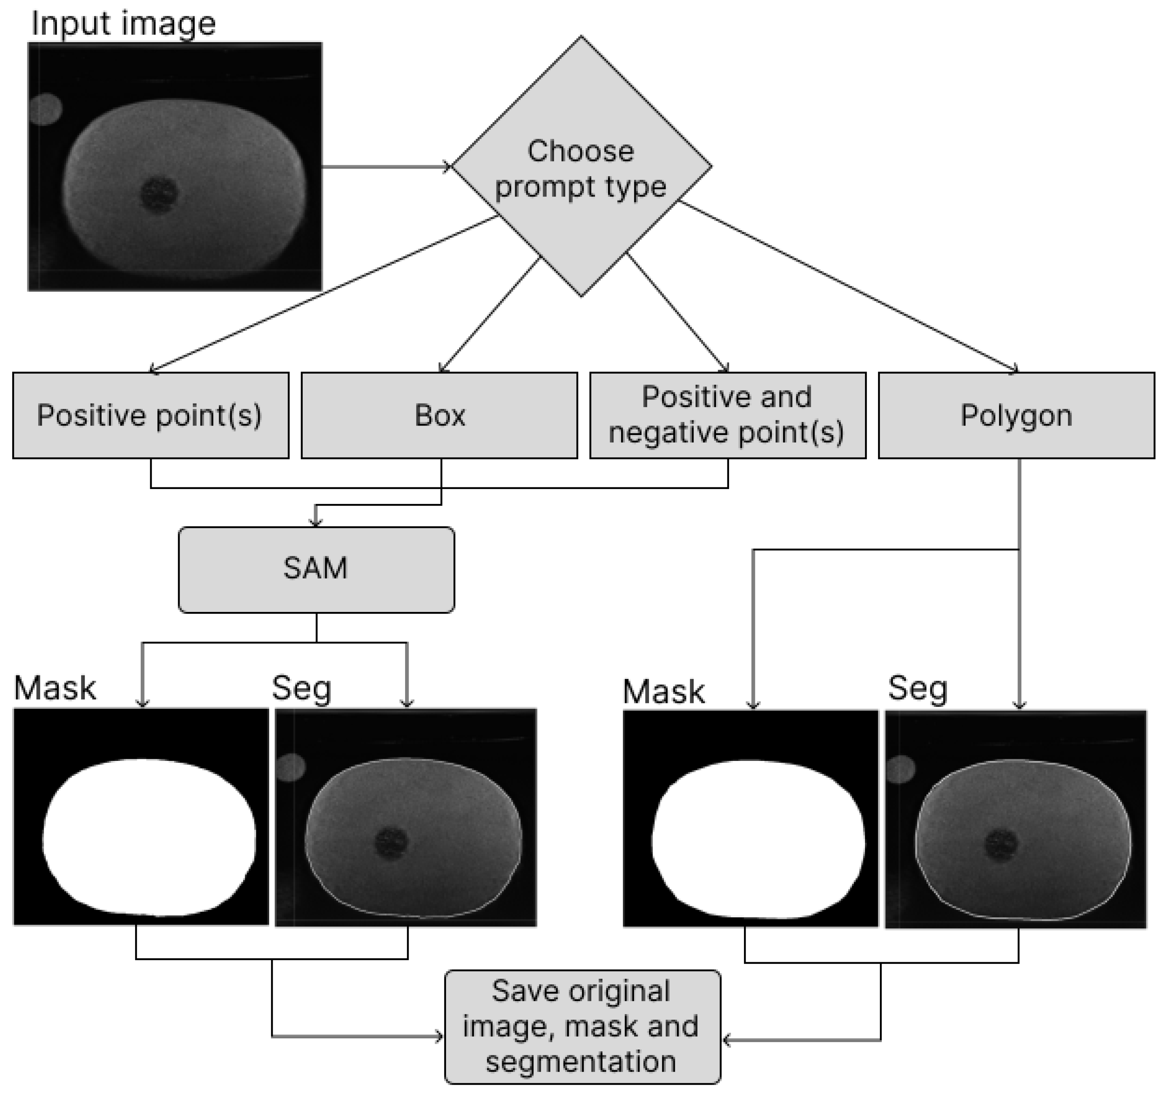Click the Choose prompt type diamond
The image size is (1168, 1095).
(581, 167)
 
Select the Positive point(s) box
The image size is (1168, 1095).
(151, 415)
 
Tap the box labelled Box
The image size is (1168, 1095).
(439, 415)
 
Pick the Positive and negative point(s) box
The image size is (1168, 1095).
(727, 415)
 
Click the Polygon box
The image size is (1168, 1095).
(1016, 415)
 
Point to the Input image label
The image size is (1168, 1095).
(123, 24)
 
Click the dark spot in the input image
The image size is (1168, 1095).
(159, 194)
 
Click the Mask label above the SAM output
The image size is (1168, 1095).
(55, 688)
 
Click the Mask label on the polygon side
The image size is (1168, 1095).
(663, 692)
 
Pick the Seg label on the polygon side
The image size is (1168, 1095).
(917, 688)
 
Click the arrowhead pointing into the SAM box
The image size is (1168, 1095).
(316, 522)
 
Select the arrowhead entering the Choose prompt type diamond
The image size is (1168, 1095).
(447, 167)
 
